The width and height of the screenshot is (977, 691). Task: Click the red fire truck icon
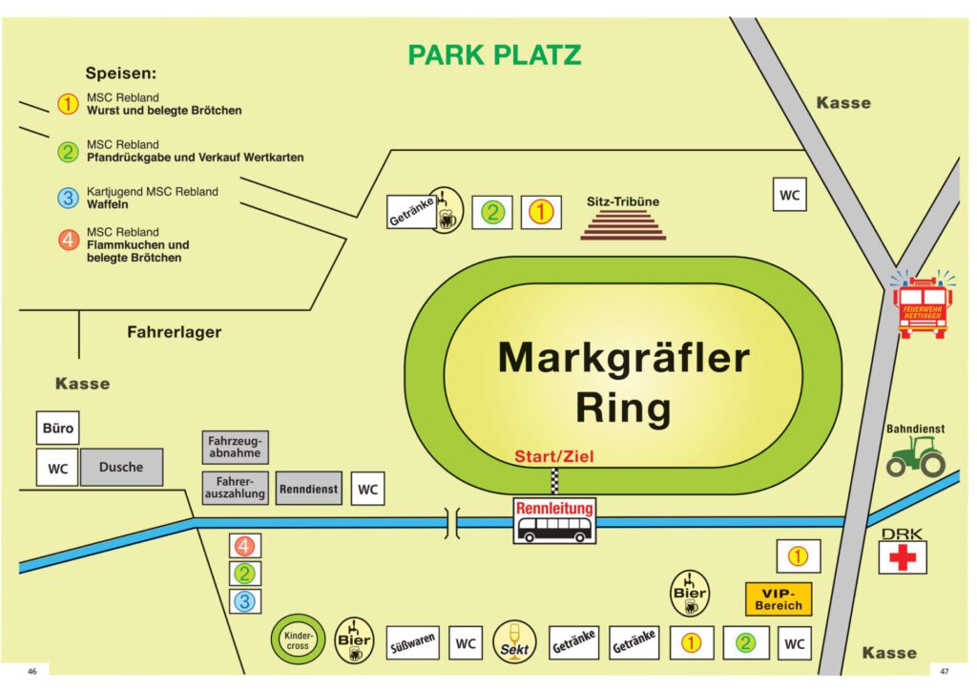923,305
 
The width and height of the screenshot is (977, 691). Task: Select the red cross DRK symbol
903,557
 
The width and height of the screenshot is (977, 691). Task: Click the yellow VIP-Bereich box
779,598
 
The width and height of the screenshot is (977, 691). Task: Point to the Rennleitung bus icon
554,520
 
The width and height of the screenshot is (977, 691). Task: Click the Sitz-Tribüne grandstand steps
623,225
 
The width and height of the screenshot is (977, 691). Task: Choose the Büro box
58,429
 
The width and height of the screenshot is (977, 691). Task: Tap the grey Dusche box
121,467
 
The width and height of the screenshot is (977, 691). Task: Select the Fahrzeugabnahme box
235,448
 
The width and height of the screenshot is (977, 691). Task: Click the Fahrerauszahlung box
235,488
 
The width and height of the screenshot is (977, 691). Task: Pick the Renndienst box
308,489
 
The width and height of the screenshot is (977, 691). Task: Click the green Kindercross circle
298,639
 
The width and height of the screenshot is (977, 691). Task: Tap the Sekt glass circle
514,641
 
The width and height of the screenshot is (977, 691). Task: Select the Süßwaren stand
412,643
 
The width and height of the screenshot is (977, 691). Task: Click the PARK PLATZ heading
495,54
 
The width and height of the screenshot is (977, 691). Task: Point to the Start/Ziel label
554,456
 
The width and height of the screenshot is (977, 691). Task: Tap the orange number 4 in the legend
68,240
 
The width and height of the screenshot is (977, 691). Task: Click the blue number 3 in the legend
68,199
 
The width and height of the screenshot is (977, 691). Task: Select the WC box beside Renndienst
367,489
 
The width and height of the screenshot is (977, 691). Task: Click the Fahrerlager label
175,332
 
